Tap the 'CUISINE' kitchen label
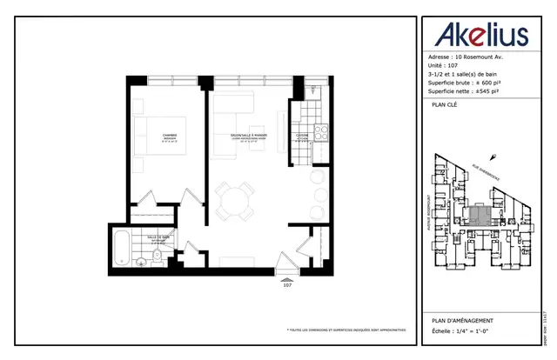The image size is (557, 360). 301,135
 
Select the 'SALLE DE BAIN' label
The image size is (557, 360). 158,238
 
